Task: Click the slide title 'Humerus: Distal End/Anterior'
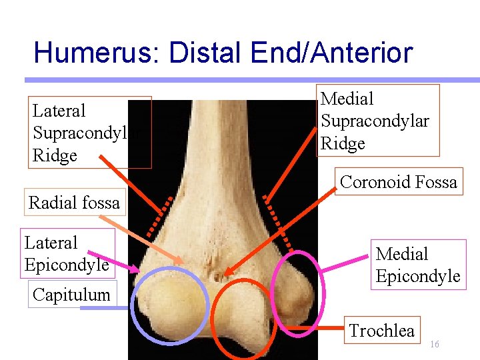(x=223, y=53)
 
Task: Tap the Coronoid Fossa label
(x=398, y=182)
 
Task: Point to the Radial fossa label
(x=74, y=203)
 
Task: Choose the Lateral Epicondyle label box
(x=67, y=253)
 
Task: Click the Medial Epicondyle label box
(x=417, y=265)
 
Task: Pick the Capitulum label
(x=71, y=294)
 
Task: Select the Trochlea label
(x=381, y=330)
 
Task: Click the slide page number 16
(x=434, y=344)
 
